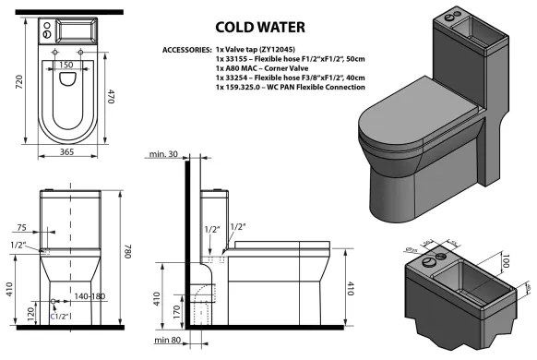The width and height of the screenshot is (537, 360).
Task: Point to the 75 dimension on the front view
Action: pos(21,225)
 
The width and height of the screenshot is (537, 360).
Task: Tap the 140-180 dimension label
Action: pos(92,295)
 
